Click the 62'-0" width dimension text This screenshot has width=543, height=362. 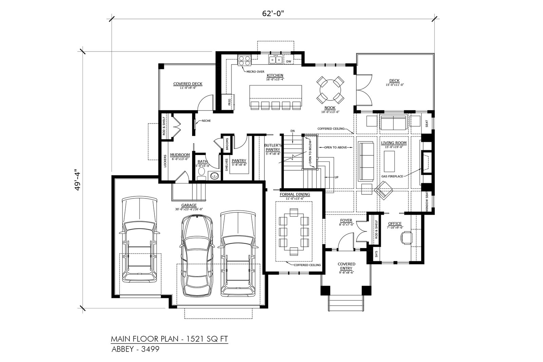coord(273,14)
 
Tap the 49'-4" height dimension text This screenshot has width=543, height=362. coord(78,180)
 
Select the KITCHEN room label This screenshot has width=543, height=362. coord(275,75)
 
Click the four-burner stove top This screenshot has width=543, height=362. coord(244,60)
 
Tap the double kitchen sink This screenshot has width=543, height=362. coord(276,59)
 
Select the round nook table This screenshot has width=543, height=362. coord(330,90)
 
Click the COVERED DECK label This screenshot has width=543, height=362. coord(188,84)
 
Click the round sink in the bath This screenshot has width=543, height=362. coord(214,175)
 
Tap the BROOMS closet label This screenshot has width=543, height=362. coord(227,144)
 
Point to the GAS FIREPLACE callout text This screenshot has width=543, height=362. coord(392,176)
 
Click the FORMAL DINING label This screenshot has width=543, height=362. coord(295,194)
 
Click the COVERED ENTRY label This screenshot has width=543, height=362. coord(346,266)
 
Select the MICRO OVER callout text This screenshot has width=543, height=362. coord(255,72)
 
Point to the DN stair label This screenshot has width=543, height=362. coord(293,131)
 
